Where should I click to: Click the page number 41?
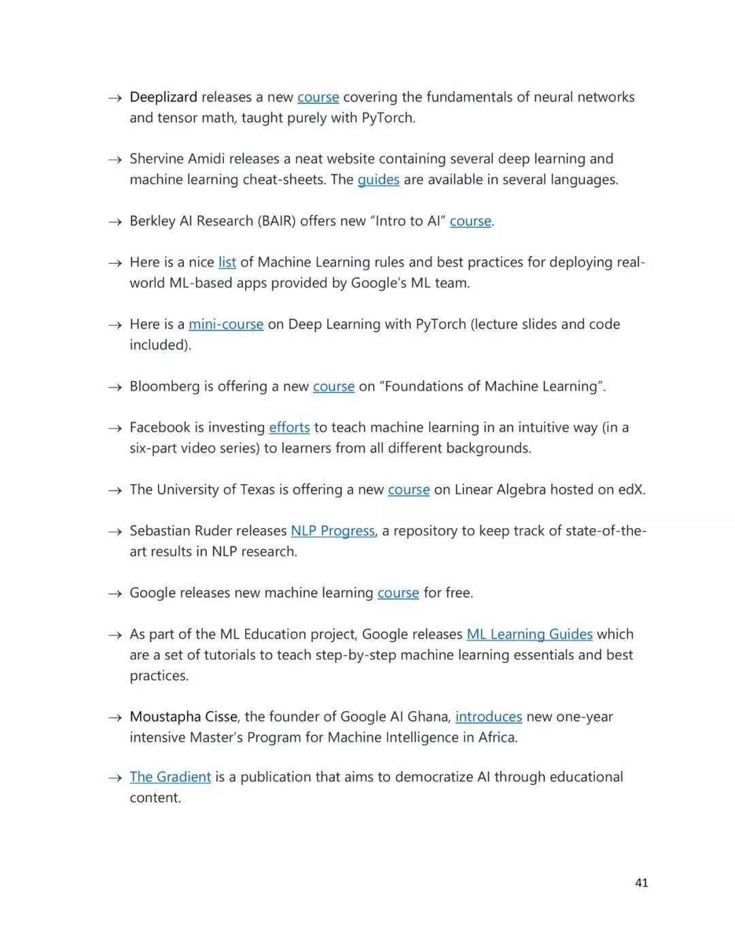pyautogui.click(x=641, y=883)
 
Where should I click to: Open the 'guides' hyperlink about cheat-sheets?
pyautogui.click(x=378, y=180)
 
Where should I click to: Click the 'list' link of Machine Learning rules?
pyautogui.click(x=227, y=262)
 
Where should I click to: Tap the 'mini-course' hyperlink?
pyautogui.click(x=226, y=324)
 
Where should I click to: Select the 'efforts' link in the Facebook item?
pyautogui.click(x=289, y=428)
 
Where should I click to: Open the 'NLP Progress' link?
pyautogui.click(x=333, y=531)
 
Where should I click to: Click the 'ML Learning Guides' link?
pyautogui.click(x=529, y=634)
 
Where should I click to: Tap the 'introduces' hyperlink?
pyautogui.click(x=489, y=717)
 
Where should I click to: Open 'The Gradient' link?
pyautogui.click(x=170, y=777)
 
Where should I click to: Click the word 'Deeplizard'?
pyautogui.click(x=163, y=97)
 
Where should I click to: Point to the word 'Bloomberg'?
pyautogui.click(x=164, y=386)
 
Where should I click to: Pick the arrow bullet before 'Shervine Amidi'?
pyautogui.click(x=115, y=160)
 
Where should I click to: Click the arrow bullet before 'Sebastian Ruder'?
pyautogui.click(x=115, y=532)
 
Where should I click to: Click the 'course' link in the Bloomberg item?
pyautogui.click(x=333, y=386)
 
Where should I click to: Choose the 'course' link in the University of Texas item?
pyautogui.click(x=408, y=490)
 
